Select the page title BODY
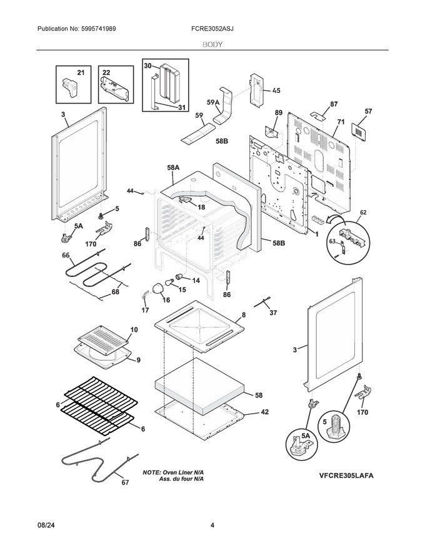[x=212, y=45]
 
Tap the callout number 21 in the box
[x=80, y=74]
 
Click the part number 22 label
[x=106, y=74]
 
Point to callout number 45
[x=276, y=90]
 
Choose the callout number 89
[x=279, y=113]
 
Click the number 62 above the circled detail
[x=362, y=213]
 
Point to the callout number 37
[x=272, y=313]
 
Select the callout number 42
[x=264, y=412]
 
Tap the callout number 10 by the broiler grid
[x=134, y=329]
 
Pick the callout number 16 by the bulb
[x=166, y=299]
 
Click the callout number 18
[x=201, y=206]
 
